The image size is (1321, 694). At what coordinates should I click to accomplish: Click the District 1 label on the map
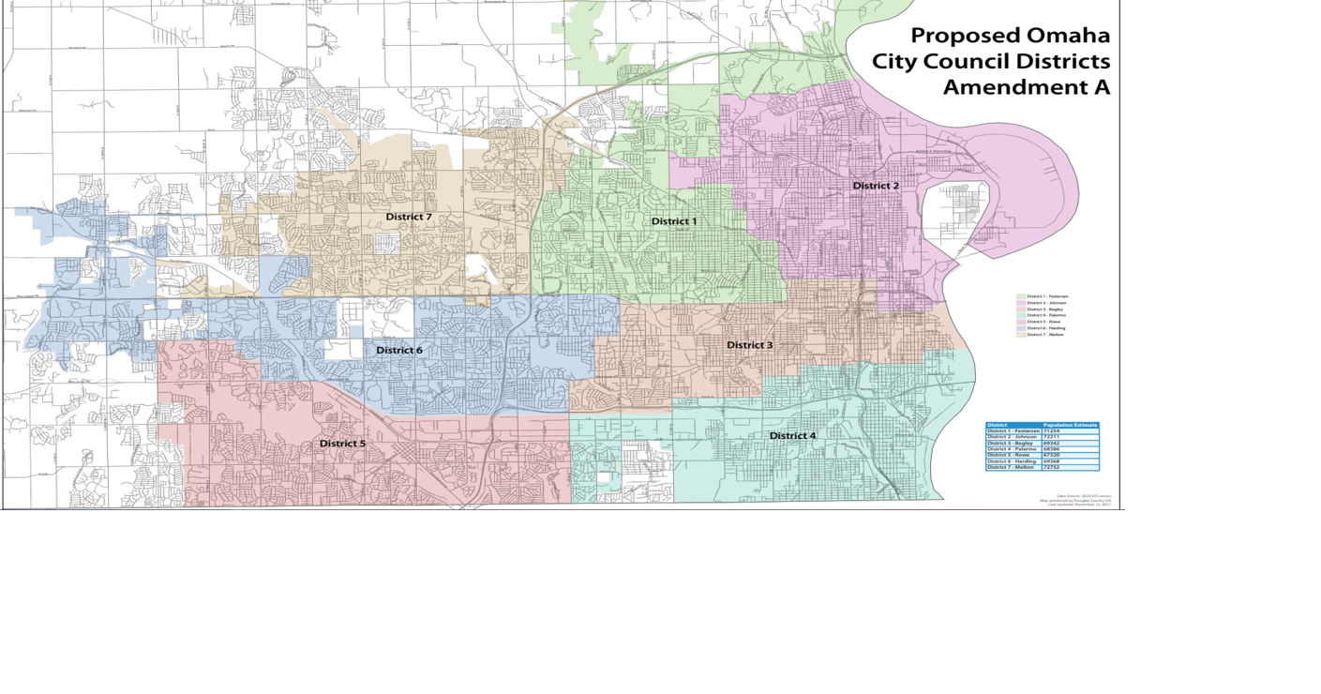click(674, 221)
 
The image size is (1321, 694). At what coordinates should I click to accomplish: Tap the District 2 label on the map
click(876, 186)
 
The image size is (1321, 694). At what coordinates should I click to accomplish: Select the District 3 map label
click(750, 345)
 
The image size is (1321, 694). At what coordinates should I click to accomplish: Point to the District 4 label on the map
click(793, 436)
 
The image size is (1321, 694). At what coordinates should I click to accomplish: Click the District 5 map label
click(342, 444)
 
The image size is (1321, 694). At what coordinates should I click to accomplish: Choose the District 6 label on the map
click(399, 351)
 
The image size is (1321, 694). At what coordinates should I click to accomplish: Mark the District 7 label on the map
click(409, 218)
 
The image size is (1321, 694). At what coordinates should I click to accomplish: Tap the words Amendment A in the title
click(1026, 87)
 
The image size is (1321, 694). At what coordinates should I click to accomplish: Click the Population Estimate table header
click(1070, 425)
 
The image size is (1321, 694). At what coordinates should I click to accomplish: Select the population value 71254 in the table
click(1051, 430)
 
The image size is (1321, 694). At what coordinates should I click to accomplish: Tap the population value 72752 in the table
click(1051, 467)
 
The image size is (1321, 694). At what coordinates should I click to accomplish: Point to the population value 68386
click(1051, 449)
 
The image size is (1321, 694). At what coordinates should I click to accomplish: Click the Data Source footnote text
click(1084, 496)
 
